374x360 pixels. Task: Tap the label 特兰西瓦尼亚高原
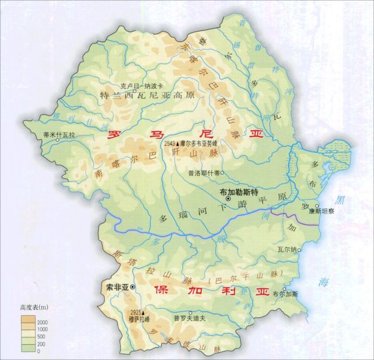(145, 95)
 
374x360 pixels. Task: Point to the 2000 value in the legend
(45, 322)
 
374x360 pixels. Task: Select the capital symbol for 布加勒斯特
(228, 200)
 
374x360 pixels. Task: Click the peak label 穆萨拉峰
(139, 319)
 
